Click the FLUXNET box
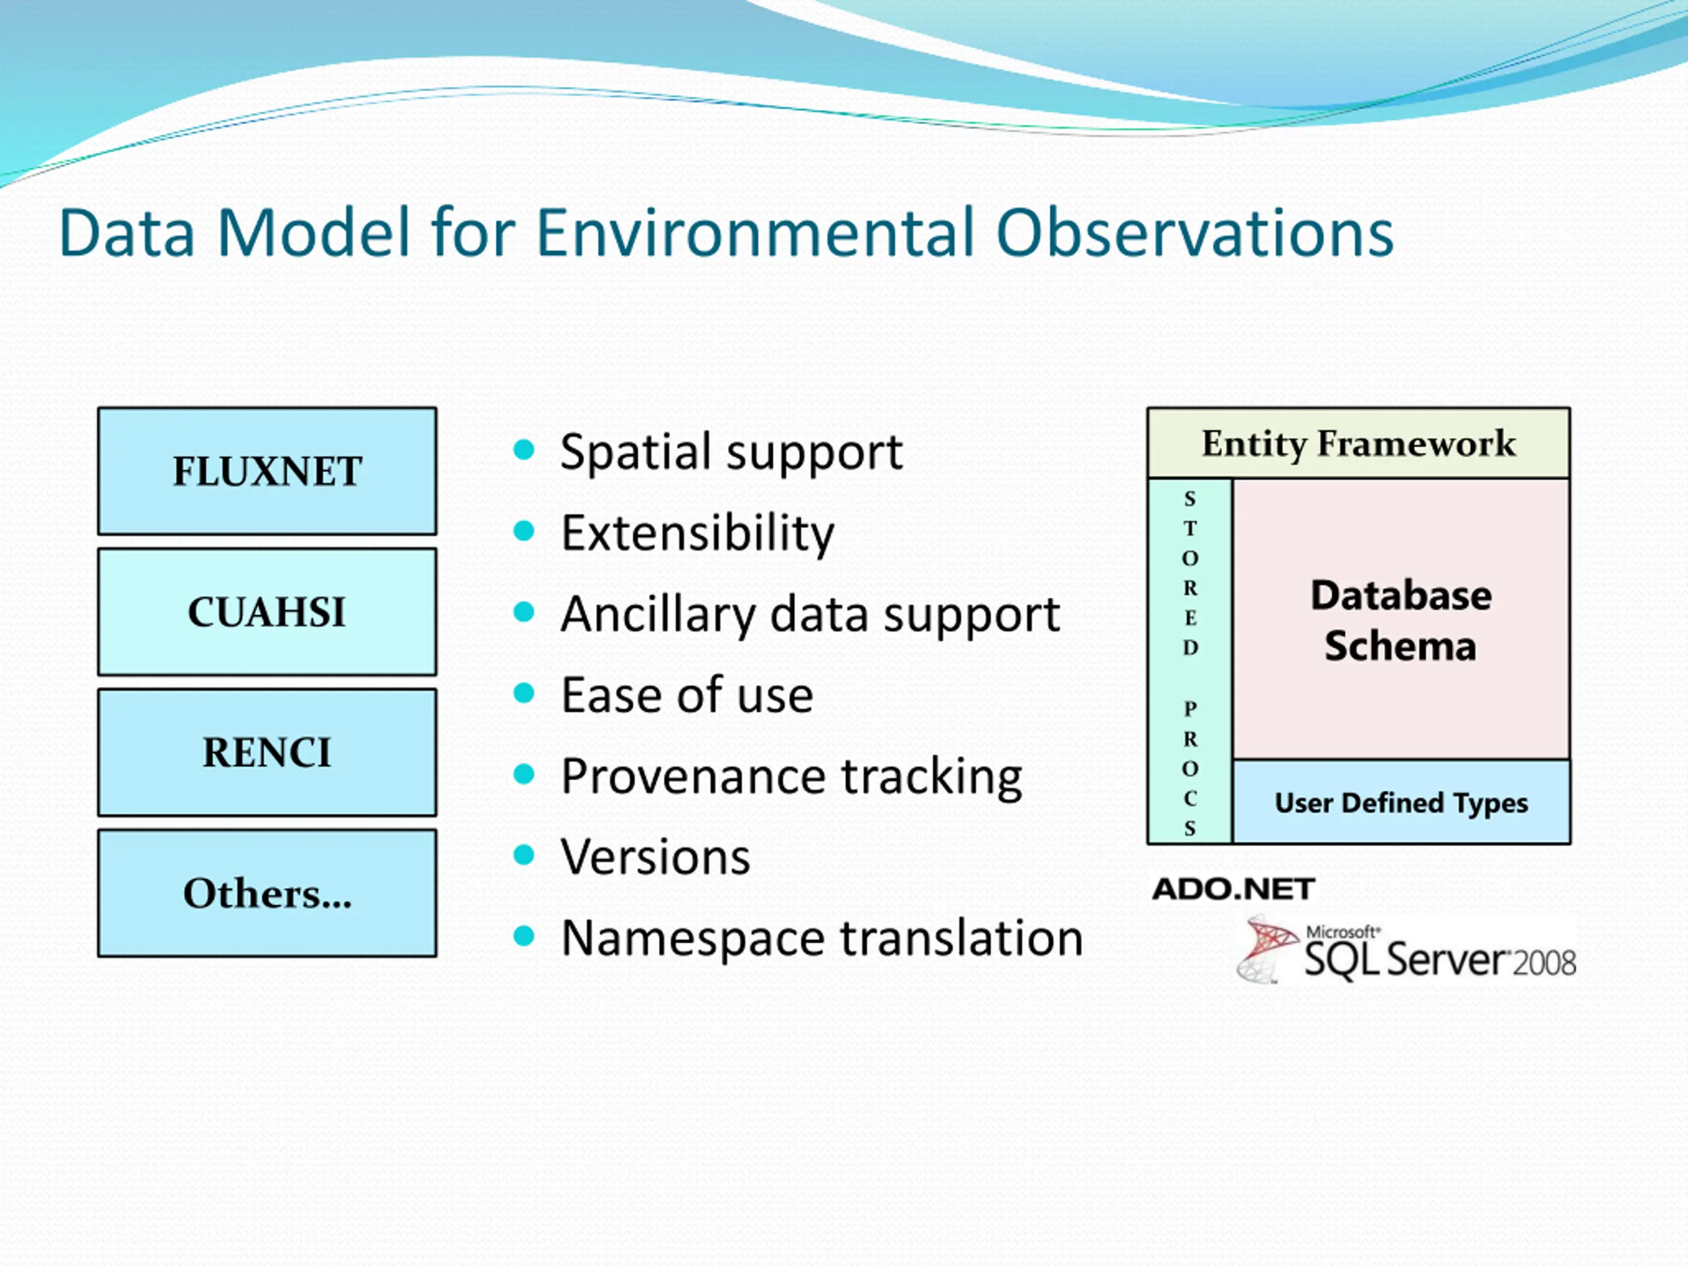tap(267, 471)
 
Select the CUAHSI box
tap(267, 612)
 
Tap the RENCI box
tap(267, 752)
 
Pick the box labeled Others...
tap(267, 893)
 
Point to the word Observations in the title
tap(1195, 232)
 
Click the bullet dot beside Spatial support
tap(524, 450)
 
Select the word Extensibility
tap(698, 533)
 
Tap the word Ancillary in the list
tap(659, 615)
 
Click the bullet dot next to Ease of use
tap(524, 693)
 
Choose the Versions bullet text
tap(655, 857)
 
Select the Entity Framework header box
tap(1358, 443)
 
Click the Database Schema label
tap(1401, 620)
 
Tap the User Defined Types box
tap(1401, 802)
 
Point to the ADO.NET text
tap(1233, 889)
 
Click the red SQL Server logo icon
tap(1267, 950)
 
